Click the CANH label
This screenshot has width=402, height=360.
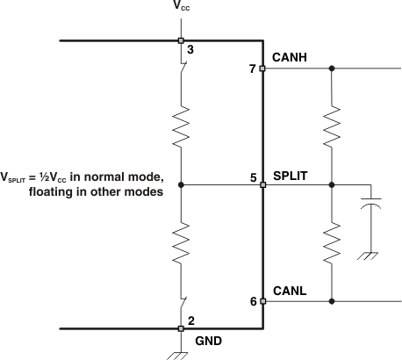[x=290, y=58]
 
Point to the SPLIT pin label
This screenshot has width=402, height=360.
[x=290, y=176]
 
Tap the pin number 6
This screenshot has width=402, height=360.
[x=252, y=301]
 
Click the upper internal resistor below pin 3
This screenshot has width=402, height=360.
[x=181, y=127]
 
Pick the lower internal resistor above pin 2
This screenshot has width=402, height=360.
[x=181, y=242]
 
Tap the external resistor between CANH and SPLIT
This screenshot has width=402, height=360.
[x=331, y=126]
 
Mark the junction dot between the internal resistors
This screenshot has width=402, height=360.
[x=181, y=185]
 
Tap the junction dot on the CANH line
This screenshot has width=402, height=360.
[x=331, y=68]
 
